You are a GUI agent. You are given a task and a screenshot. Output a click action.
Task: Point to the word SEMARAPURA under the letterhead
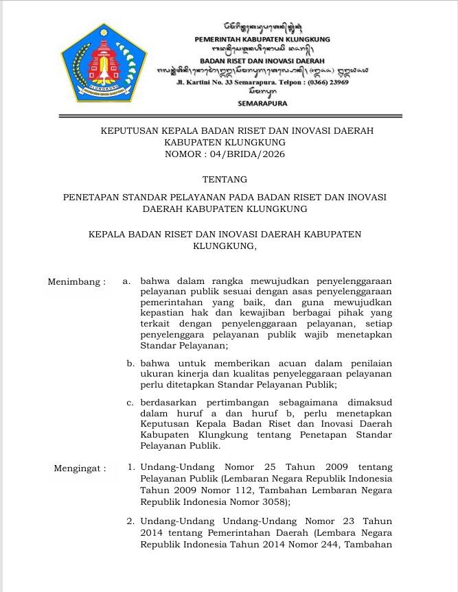pyautogui.click(x=262, y=103)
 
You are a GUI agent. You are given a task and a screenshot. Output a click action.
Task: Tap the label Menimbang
pyautogui.click(x=76, y=281)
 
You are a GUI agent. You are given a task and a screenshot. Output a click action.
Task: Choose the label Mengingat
pyautogui.click(x=80, y=469)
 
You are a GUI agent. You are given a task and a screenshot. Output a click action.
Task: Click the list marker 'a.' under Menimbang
pyautogui.click(x=127, y=281)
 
